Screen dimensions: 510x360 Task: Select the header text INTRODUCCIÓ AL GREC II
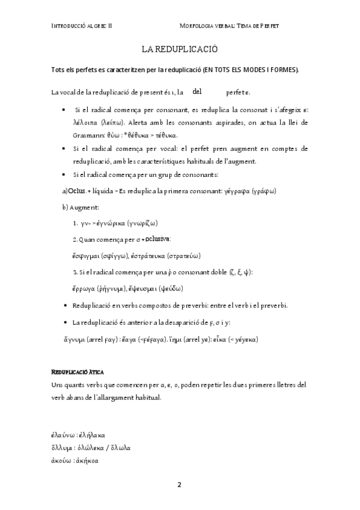[x=86, y=26]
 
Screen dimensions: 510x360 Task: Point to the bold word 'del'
[x=197, y=91]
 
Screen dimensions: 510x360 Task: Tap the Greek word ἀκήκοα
[x=90, y=461]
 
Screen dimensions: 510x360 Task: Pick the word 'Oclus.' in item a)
[x=75, y=191]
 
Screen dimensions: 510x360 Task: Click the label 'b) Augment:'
[x=82, y=207]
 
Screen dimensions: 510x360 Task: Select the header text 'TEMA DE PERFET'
[x=257, y=26]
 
